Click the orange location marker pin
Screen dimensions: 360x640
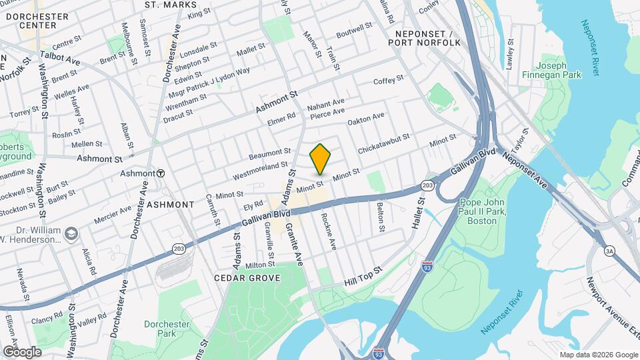[x=321, y=159]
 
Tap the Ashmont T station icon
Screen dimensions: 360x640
[x=161, y=173]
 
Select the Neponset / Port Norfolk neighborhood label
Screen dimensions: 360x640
[x=427, y=38]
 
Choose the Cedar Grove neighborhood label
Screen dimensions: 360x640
[x=247, y=277]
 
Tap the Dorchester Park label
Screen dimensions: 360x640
[x=167, y=329]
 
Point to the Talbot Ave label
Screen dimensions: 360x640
[x=60, y=58]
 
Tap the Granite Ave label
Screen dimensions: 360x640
[x=294, y=246]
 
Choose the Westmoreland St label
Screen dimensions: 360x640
[x=260, y=170]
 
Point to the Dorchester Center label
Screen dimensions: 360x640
[x=28, y=20]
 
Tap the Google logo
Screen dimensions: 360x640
[x=22, y=351]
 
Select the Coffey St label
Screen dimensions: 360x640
[x=389, y=80]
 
